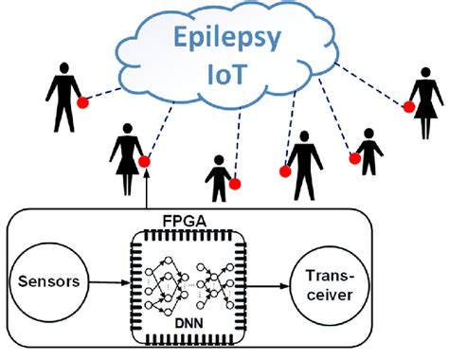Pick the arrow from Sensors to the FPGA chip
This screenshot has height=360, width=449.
coord(105,281)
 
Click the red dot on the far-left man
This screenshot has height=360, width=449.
coord(84,101)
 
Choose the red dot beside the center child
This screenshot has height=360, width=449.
coord(235,182)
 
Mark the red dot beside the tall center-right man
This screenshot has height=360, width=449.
coord(283,171)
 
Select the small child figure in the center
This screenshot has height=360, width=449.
coord(220,178)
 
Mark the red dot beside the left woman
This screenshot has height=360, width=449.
coord(144,162)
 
